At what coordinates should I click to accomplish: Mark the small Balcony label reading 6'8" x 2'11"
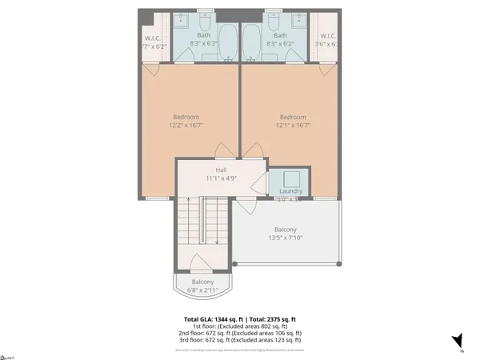tap(202, 286)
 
